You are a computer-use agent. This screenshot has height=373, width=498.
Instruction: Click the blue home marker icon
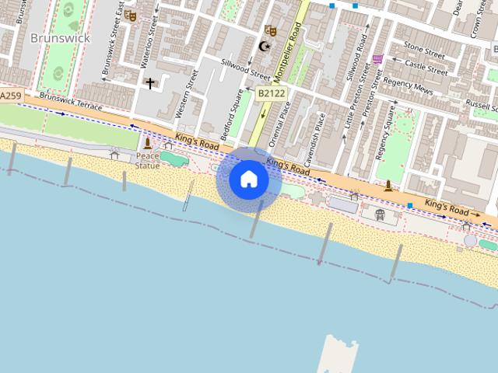click(x=249, y=180)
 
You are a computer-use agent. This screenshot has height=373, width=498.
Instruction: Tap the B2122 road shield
click(x=271, y=93)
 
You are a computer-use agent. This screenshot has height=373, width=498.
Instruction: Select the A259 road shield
click(x=10, y=96)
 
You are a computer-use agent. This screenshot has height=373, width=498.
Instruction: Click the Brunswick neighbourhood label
click(x=60, y=37)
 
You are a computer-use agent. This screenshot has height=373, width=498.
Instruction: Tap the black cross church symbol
click(x=149, y=82)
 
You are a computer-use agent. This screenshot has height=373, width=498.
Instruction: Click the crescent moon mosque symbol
click(x=265, y=47)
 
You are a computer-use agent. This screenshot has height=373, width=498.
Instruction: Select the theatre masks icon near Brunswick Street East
click(x=130, y=15)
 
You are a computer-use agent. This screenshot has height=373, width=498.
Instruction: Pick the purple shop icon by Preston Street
click(x=378, y=58)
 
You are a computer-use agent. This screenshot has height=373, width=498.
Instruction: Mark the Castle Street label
click(x=426, y=68)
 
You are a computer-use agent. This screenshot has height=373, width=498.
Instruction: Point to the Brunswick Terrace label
click(x=71, y=102)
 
